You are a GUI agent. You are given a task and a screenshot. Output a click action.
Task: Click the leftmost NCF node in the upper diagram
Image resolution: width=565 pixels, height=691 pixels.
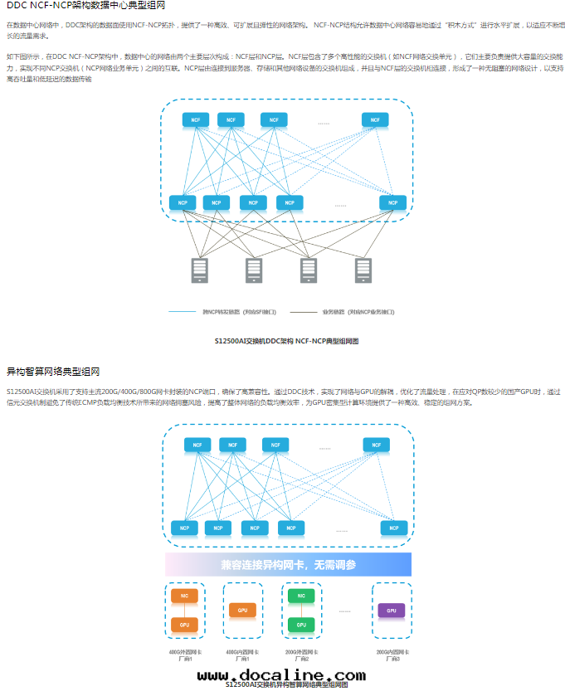coord(196,120)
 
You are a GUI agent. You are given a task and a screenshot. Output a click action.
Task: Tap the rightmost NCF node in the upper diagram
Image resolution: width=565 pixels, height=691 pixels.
coord(375,120)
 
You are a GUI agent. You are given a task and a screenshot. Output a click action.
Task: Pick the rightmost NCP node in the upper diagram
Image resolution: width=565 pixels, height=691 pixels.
coord(393,202)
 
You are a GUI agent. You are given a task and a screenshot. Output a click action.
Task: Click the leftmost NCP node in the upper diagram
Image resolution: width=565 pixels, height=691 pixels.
coord(183,202)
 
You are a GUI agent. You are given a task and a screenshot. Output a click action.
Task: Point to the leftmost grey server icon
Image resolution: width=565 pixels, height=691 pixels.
coord(200,270)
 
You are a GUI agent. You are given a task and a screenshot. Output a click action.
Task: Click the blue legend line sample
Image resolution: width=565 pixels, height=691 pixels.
coord(181,312)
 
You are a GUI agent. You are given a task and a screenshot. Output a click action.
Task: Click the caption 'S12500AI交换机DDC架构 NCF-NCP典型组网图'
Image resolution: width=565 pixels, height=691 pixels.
coord(286,341)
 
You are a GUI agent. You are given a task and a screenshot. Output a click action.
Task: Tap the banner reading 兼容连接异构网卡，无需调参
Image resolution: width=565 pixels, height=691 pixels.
coord(288,565)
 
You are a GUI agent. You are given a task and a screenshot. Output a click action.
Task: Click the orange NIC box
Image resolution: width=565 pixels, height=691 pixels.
coord(185,596)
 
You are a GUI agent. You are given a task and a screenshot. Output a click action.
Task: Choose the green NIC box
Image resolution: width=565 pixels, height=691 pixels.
coord(301,596)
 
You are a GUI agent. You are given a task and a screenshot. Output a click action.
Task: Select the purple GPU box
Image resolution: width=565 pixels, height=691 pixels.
coord(391,610)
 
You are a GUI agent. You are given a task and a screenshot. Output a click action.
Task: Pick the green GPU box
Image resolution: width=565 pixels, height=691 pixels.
coord(301,624)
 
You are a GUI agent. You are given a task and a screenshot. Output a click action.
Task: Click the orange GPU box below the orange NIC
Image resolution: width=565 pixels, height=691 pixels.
coord(185,624)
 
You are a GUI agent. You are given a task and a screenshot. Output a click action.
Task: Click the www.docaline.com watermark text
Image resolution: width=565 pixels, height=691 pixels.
coord(281,676)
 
